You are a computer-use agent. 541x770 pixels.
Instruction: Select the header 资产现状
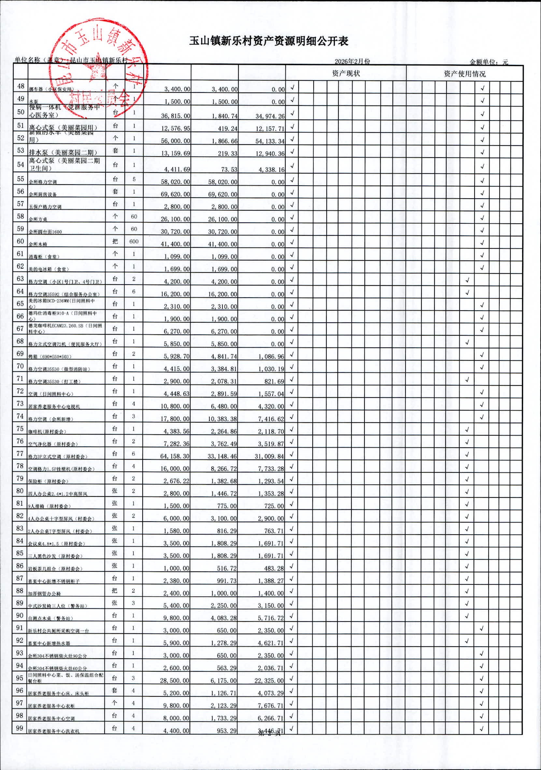point(346,74)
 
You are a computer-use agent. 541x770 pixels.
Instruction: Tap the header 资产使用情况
point(464,74)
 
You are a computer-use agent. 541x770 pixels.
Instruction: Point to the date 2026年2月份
point(352,61)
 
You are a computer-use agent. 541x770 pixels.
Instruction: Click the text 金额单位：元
point(489,62)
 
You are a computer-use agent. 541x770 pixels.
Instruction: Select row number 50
point(21,112)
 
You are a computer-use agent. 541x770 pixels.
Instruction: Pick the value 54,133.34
point(270,141)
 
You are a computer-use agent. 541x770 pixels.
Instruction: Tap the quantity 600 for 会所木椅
point(134,242)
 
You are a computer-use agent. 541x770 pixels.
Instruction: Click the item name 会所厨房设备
point(43,194)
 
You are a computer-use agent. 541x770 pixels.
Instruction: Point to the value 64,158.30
point(175,456)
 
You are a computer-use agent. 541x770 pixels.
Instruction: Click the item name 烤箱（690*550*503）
point(50,357)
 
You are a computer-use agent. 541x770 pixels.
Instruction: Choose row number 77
point(20,454)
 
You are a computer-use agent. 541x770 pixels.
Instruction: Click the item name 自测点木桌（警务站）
point(50,618)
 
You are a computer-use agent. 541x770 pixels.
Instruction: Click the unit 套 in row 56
point(115,191)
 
